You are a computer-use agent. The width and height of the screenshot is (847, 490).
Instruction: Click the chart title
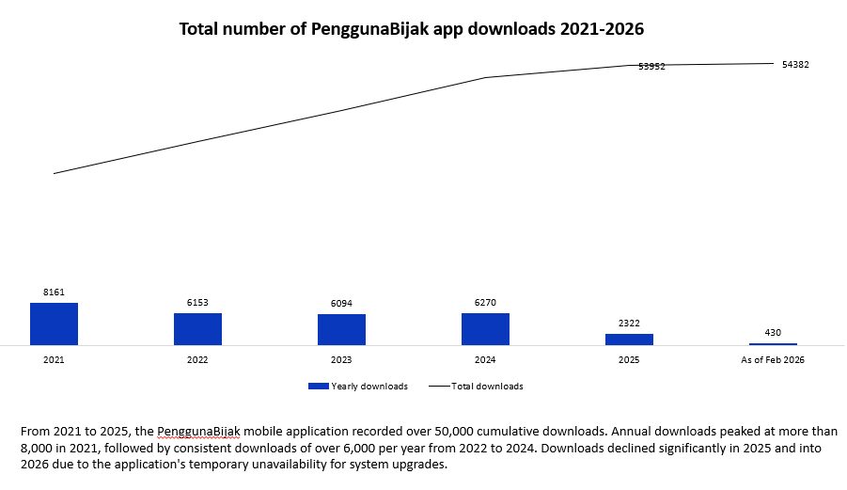(411, 29)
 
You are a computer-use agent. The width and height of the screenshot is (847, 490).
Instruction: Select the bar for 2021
(54, 324)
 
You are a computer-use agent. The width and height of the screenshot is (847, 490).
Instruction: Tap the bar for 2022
(197, 328)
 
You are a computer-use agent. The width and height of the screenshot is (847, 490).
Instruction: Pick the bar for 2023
(341, 329)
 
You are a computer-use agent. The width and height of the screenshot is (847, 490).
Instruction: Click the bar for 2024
(485, 328)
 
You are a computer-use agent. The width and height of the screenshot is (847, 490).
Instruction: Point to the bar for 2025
(629, 339)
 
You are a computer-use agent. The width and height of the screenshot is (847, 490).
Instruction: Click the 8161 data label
(54, 292)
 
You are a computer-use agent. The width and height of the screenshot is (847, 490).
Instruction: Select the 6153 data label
(197, 303)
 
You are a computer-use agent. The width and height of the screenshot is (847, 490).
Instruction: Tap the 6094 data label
(341, 304)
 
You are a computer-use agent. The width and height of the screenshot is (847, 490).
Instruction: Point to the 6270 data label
(485, 303)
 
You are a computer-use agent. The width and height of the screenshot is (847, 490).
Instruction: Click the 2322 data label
(629, 324)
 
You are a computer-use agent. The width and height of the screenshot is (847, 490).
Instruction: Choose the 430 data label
(773, 333)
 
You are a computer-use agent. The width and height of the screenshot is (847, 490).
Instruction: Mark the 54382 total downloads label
(795, 65)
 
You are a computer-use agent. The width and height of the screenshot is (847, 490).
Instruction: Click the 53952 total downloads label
(651, 67)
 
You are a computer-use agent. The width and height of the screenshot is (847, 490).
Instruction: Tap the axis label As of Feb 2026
(773, 360)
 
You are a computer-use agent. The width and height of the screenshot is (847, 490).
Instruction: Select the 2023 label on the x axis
(341, 360)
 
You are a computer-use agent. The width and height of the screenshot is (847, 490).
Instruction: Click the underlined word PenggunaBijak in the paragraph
(199, 431)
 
